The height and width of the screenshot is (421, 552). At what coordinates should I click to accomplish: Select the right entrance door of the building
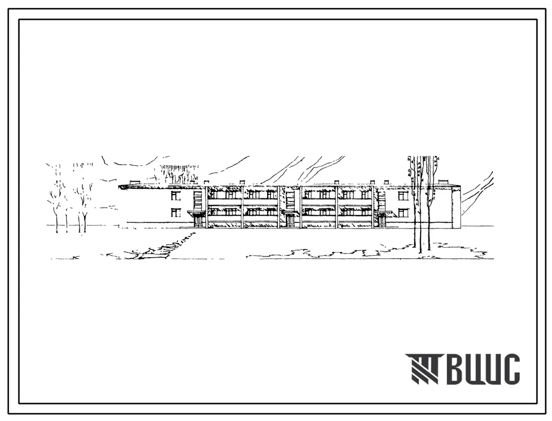click(382, 220)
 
